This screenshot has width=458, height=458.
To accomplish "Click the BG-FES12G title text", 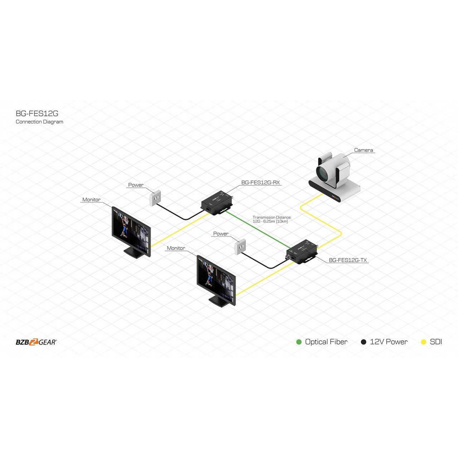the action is [37, 113].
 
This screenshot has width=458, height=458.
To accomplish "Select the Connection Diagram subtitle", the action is [39, 122].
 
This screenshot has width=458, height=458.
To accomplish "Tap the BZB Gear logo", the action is [36, 342].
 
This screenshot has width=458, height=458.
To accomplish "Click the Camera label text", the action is [364, 150].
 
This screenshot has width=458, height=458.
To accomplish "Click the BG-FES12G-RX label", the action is [260, 182].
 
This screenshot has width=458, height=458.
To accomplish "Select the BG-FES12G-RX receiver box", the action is [216, 203].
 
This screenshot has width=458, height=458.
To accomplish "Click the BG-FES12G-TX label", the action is [348, 260].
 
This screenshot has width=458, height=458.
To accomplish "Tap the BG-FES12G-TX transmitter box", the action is [302, 252].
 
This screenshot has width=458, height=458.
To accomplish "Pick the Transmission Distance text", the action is [272, 219].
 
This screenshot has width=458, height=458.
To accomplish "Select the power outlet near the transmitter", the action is [240, 247].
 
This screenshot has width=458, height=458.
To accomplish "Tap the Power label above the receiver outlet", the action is [136, 185].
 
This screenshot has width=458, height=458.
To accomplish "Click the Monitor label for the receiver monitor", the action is [91, 200].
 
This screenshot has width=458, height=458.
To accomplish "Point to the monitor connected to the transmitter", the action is [216, 281].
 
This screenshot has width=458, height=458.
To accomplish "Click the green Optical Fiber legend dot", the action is [299, 342].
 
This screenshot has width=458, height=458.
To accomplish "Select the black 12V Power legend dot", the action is [364, 342].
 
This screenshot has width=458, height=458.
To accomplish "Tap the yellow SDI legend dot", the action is [423, 342].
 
